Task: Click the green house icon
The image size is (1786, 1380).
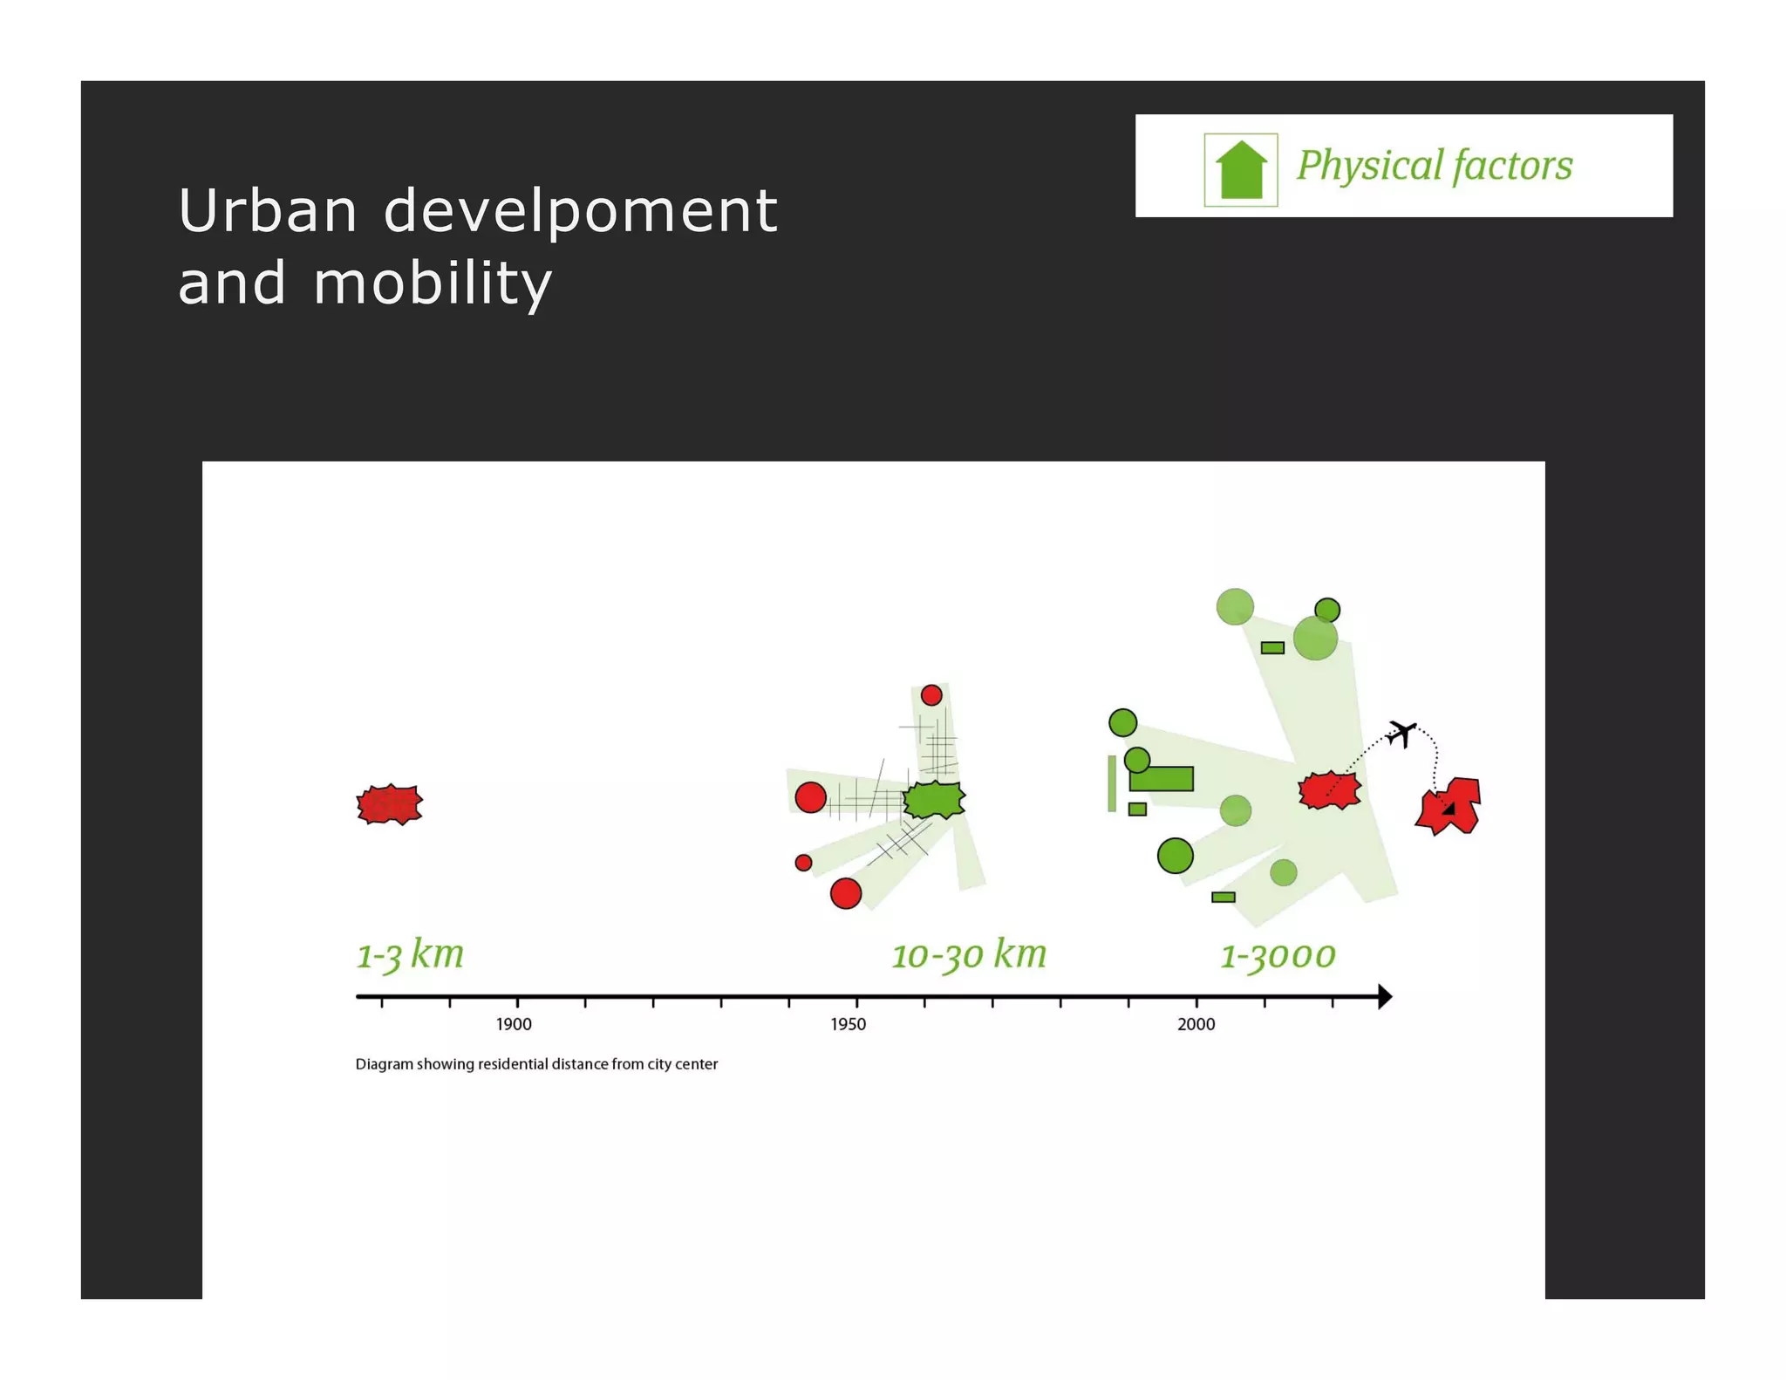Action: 1240,170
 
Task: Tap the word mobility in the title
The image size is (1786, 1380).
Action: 432,284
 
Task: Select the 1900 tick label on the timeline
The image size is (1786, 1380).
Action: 514,1024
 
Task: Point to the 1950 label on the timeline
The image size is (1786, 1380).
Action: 848,1024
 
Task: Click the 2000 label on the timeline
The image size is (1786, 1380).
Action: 1196,1024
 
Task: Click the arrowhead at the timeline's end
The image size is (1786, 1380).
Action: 1384,996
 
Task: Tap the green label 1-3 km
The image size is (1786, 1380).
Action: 410,954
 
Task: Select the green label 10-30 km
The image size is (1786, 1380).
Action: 968,954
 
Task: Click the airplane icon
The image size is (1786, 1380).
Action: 1401,733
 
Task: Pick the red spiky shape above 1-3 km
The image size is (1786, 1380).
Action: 389,804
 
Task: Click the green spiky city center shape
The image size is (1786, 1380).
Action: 934,799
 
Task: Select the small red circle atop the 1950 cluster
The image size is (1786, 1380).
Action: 931,695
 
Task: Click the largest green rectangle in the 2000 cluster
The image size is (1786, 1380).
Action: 1162,779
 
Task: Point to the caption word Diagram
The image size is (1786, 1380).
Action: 384,1064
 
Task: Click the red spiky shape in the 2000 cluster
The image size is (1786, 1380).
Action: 1329,790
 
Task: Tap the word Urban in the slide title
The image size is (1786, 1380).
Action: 267,211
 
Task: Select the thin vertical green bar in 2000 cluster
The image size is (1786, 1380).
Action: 1112,783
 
